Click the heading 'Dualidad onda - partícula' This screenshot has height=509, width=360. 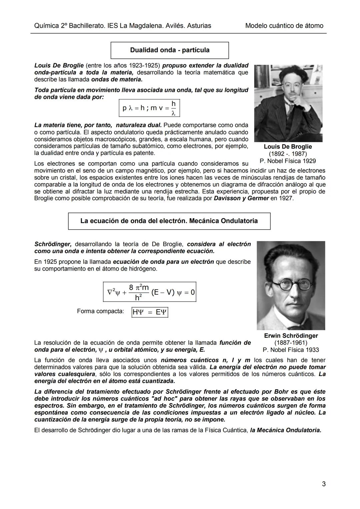pos(170,50)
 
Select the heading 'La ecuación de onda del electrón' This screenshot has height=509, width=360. pos(169,221)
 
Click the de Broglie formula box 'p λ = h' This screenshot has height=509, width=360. pos(149,108)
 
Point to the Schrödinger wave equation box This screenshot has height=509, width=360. pos(150,292)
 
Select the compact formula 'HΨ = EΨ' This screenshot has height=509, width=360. pos(150,312)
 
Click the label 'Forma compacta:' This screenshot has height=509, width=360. pos(100,311)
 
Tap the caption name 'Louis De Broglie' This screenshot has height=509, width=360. pos(288,147)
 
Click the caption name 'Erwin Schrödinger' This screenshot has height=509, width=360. pos(291,336)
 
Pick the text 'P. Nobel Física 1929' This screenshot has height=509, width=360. pos(288,161)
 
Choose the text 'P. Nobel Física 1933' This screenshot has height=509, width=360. pos(291,350)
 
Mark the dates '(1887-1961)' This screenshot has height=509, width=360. pos(291,343)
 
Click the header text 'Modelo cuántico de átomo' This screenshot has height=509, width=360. pos(284,26)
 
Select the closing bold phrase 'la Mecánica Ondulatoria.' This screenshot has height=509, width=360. pos(286,430)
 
